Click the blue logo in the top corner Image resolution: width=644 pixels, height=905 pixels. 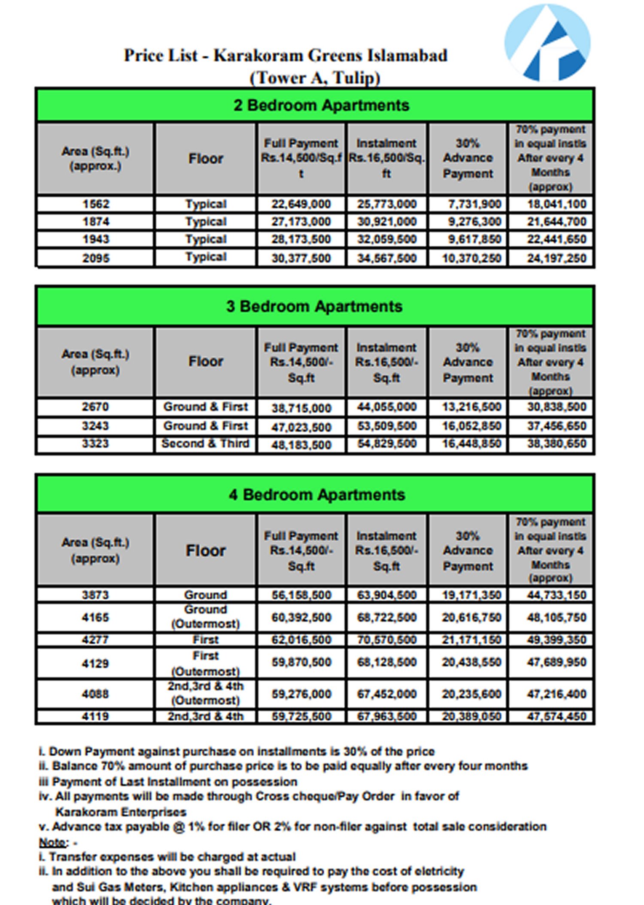point(547,43)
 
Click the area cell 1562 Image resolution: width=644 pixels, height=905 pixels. point(96,204)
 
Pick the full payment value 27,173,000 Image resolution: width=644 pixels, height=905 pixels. point(301,222)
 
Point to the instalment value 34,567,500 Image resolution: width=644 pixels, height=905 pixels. point(386,258)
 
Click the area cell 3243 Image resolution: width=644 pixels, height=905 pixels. point(95,426)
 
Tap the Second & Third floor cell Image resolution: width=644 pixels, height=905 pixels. point(205,443)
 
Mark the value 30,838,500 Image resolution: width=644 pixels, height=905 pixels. point(556,407)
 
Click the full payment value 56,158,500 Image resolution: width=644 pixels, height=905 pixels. point(301,595)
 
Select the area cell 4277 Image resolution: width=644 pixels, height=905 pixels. point(95,640)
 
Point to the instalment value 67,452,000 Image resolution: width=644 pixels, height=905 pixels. point(386,694)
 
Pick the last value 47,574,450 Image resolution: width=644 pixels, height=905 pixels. point(556,716)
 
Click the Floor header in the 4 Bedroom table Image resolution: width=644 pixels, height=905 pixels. point(206,551)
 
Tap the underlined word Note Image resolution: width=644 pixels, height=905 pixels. point(52,842)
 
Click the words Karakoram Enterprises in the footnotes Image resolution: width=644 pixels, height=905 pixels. point(121,812)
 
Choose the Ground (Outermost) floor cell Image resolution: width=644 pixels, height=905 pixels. point(206,617)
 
